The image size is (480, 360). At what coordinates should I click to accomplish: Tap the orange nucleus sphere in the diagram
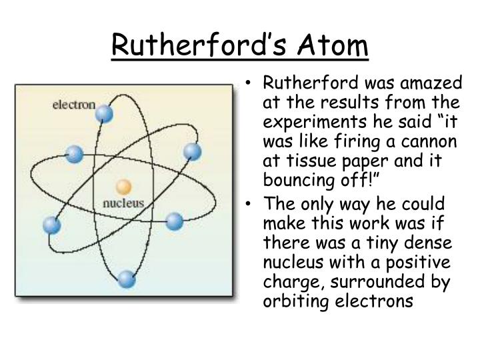click(123, 186)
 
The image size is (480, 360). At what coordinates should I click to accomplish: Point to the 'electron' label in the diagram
click(73, 105)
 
